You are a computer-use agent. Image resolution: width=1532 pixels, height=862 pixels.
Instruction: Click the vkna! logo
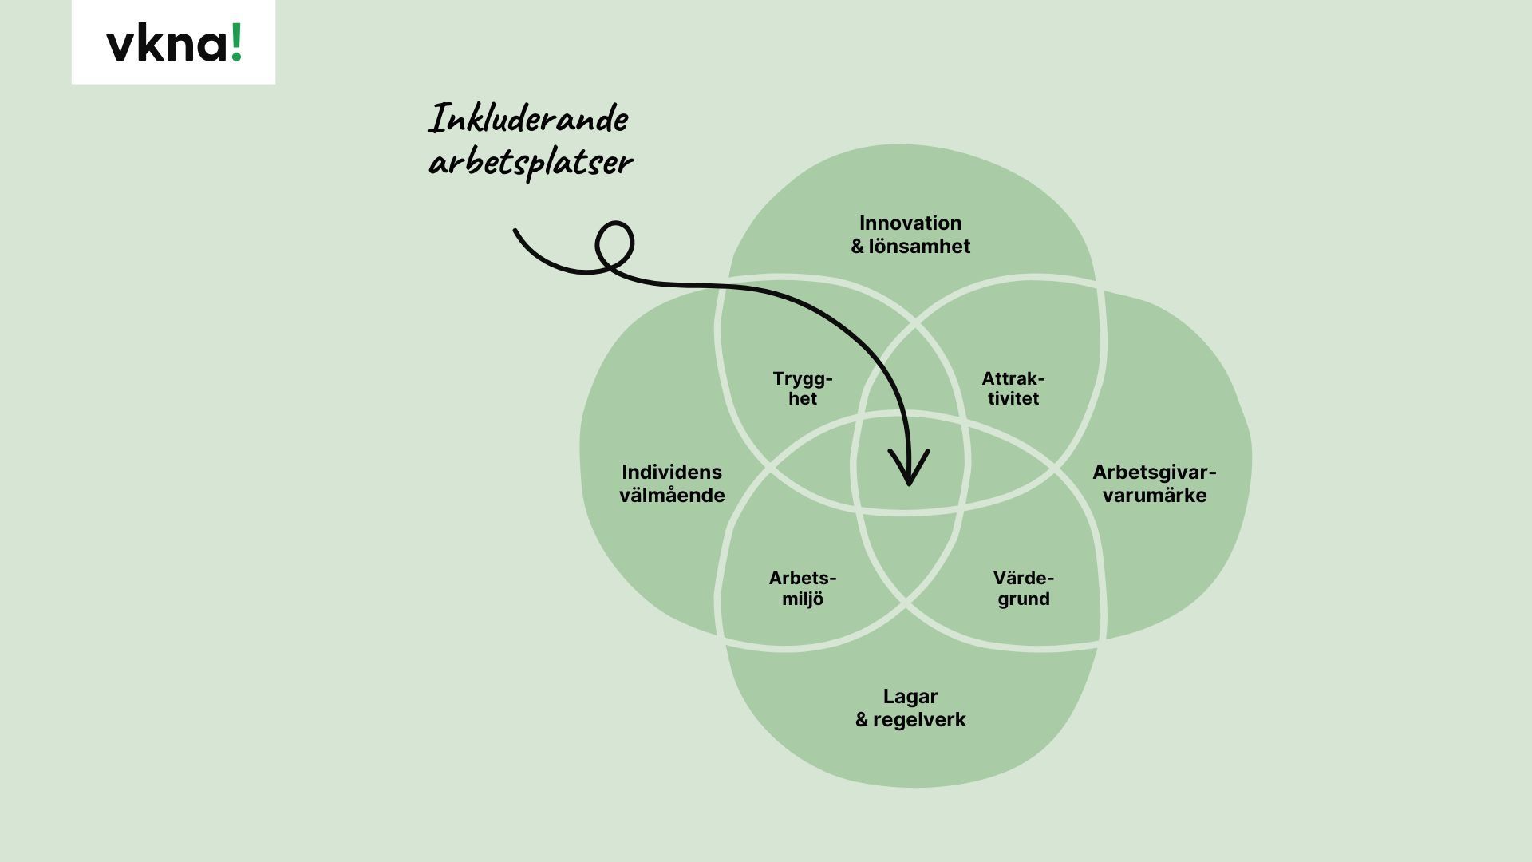174,42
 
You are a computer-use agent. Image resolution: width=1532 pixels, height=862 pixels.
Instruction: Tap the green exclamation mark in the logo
235,42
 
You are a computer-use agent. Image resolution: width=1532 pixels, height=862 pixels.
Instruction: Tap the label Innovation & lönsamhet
910,235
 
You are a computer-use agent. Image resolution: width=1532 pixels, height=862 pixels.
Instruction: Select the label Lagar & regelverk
910,708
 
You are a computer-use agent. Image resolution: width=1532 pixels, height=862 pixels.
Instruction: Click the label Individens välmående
672,484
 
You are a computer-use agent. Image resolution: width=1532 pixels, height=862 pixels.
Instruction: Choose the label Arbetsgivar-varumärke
1154,484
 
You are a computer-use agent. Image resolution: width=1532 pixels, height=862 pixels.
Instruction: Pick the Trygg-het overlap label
803,389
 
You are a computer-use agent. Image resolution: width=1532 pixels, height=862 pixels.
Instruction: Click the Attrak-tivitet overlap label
1013,389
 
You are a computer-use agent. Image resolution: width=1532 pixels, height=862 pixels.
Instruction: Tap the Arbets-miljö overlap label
803,588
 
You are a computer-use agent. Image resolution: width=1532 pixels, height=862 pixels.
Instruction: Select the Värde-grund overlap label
1024,588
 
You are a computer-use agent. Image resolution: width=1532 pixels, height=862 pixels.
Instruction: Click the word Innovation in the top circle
910,223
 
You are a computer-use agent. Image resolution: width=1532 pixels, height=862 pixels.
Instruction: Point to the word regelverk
919,720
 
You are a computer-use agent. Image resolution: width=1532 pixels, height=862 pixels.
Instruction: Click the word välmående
672,496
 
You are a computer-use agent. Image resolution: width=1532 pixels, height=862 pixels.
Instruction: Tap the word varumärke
1154,496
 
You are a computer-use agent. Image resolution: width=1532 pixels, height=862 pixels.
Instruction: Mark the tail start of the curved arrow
515,231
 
